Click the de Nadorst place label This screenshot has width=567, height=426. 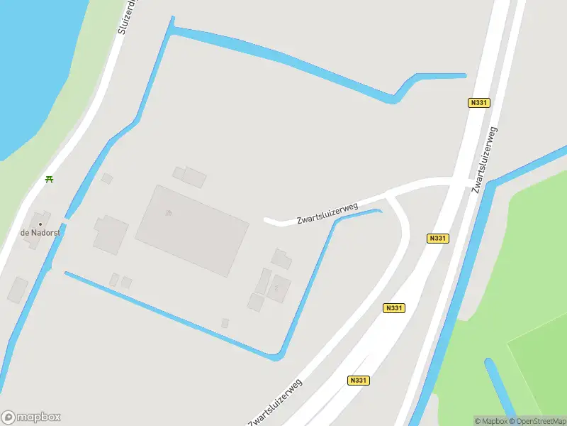tap(38, 233)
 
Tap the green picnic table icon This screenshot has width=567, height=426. tap(49, 179)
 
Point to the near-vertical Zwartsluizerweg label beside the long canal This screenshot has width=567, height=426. tap(485, 159)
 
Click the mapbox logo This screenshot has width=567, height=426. tap(31, 417)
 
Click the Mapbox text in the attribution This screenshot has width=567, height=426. tap(492, 421)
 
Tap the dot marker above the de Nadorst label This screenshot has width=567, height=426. tap(40, 224)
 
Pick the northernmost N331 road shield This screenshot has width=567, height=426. tap(479, 103)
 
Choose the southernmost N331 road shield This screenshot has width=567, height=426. tap(359, 381)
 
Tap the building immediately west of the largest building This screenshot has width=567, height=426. tap(111, 235)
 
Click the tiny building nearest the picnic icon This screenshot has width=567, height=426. tap(107, 177)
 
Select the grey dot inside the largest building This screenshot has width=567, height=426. tap(168, 212)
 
